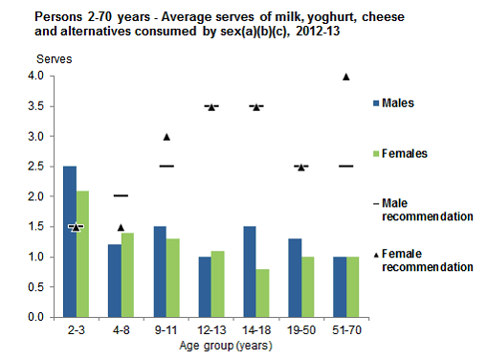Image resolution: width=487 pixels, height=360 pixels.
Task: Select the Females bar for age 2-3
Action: point(82,254)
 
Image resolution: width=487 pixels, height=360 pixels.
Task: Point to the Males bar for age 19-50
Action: point(294,278)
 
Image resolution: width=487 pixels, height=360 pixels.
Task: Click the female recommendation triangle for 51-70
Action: point(346,77)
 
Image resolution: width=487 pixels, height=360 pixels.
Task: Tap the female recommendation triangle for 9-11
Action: point(166,137)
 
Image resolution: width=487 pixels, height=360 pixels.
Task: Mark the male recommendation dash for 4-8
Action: point(121,195)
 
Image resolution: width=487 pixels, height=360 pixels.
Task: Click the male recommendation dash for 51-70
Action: point(346,166)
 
